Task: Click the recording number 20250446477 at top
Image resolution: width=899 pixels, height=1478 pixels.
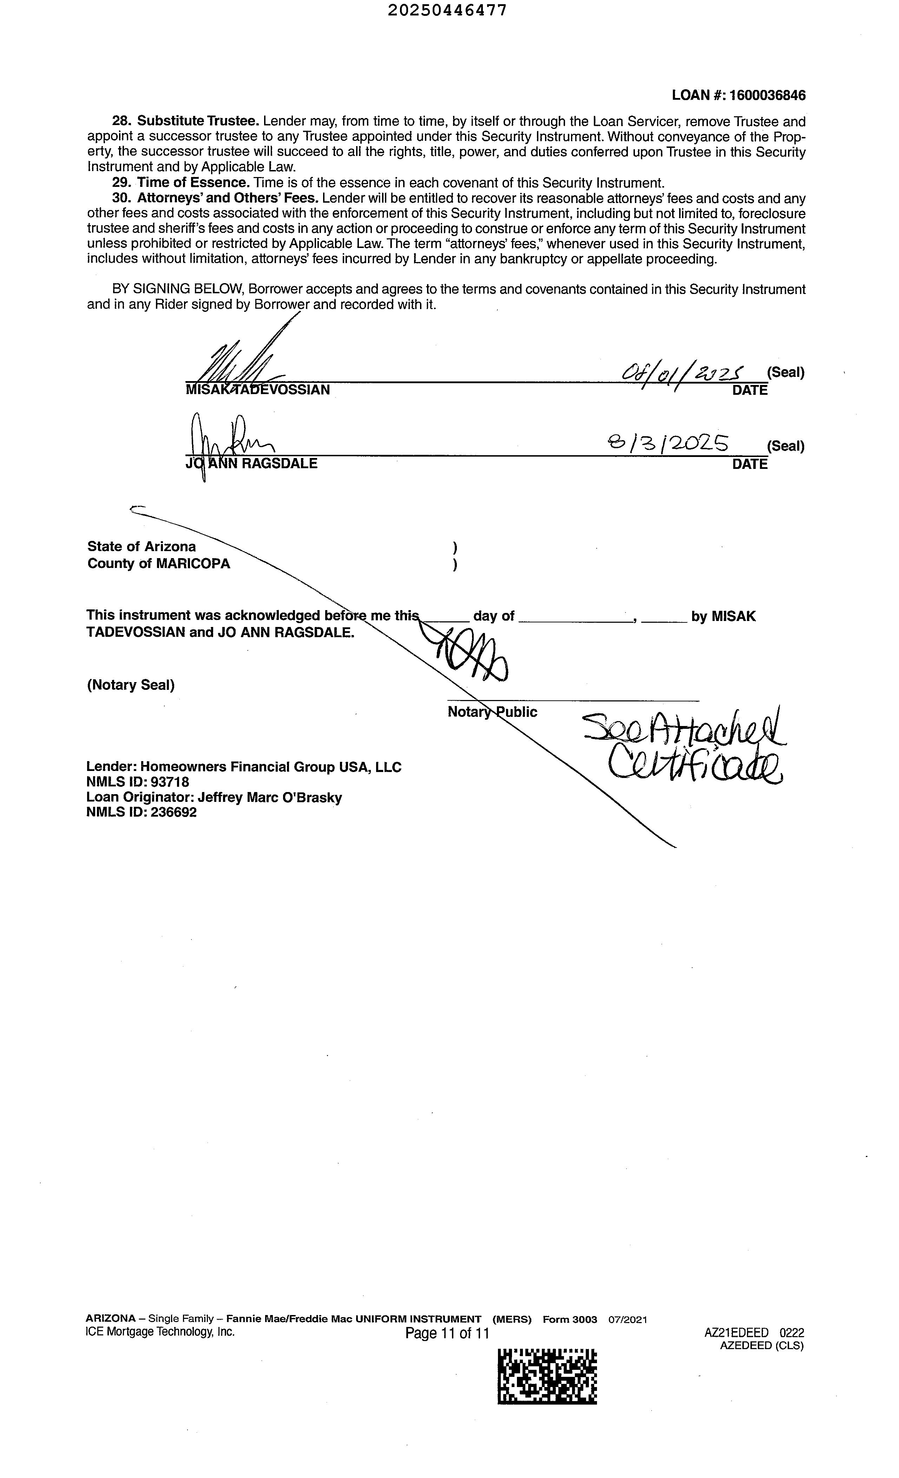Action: (x=447, y=10)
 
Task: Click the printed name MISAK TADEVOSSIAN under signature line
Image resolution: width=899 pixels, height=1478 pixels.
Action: (x=258, y=390)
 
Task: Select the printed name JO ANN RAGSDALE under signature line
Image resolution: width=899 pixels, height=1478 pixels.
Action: (x=252, y=464)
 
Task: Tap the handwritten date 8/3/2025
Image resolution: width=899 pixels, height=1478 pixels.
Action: (x=668, y=444)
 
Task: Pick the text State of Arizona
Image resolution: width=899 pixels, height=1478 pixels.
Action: (x=142, y=547)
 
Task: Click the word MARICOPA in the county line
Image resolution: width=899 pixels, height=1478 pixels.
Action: (x=193, y=564)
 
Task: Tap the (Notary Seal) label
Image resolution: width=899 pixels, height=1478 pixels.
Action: (x=131, y=685)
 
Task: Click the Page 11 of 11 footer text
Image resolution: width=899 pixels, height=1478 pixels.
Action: (x=447, y=1333)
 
